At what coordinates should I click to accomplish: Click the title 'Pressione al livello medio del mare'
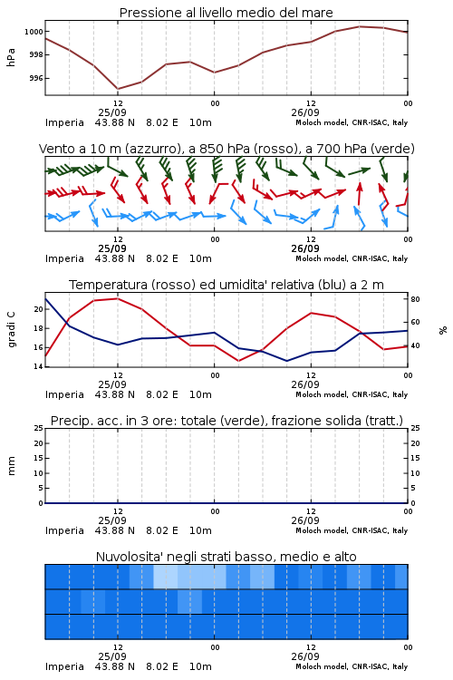point(226,13)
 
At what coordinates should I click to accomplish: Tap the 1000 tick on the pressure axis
point(34,32)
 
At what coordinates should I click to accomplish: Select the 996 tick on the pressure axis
point(36,79)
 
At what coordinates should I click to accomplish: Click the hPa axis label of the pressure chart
point(11,57)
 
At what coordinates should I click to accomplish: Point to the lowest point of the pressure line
point(118,89)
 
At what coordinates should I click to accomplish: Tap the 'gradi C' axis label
point(11,330)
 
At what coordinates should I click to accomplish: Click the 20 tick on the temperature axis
point(39,309)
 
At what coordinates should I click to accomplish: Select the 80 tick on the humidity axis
point(415,299)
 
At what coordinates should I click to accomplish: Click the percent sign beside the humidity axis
point(443,330)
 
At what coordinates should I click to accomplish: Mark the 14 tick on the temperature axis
point(39,366)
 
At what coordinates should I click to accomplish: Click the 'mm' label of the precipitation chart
point(11,466)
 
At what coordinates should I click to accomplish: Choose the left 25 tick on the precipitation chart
point(39,428)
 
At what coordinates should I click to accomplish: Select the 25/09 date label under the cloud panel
point(112,656)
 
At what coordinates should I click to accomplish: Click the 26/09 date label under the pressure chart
point(305,112)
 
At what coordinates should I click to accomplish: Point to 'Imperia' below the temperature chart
point(64,394)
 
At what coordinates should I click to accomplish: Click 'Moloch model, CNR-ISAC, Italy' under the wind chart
point(352,258)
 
